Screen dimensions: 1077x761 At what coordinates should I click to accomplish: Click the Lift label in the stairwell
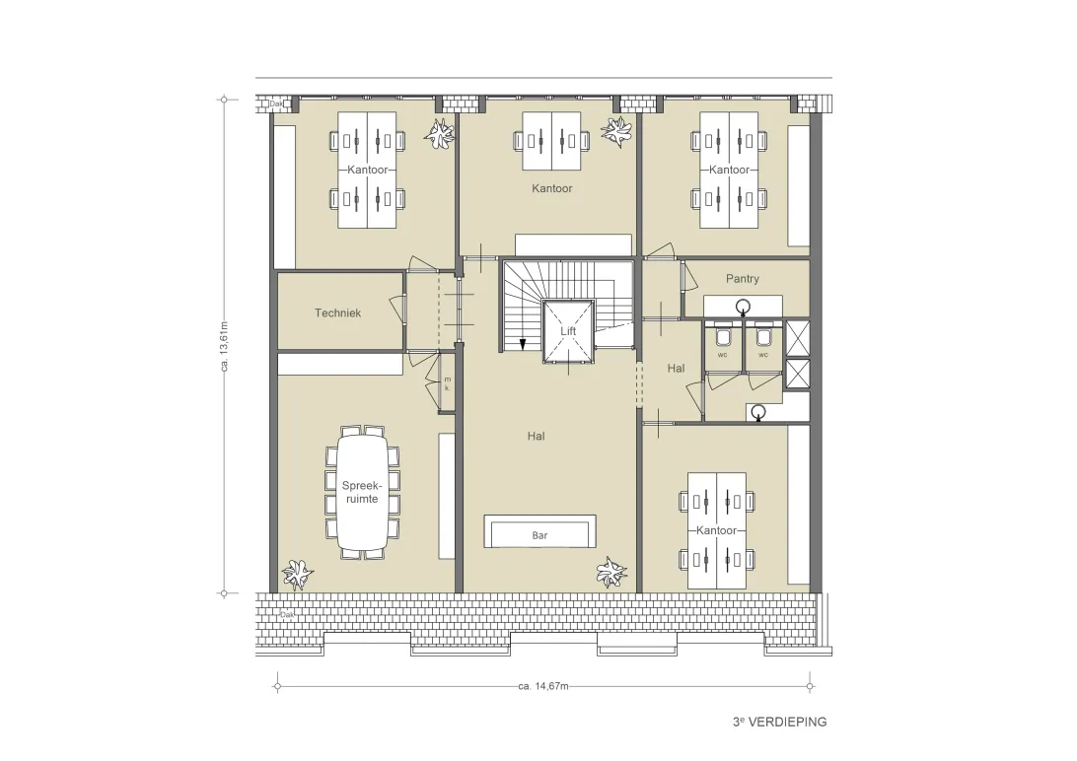pyautogui.click(x=568, y=331)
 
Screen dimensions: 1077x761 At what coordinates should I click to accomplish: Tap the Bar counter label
pyautogui.click(x=539, y=535)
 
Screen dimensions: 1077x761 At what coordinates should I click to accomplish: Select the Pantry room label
pyautogui.click(x=743, y=279)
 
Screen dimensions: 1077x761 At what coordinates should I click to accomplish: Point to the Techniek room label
pyautogui.click(x=337, y=312)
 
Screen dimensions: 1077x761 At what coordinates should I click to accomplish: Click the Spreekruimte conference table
pyautogui.click(x=362, y=491)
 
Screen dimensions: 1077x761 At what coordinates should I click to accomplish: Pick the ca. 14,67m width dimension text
pyautogui.click(x=543, y=685)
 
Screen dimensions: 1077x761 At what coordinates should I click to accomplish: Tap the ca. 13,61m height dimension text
pyautogui.click(x=224, y=347)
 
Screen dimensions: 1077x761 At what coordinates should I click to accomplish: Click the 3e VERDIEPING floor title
pyautogui.click(x=779, y=722)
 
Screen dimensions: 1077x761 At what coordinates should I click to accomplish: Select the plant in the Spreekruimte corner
pyautogui.click(x=298, y=574)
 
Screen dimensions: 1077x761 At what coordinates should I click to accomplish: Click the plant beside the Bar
pyautogui.click(x=610, y=572)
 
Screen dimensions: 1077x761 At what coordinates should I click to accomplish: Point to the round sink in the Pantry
pyautogui.click(x=743, y=306)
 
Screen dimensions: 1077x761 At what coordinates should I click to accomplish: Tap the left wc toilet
pyautogui.click(x=723, y=336)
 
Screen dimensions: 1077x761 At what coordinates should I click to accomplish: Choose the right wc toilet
pyautogui.click(x=763, y=336)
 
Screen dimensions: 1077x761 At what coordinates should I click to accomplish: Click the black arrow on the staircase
pyautogui.click(x=523, y=344)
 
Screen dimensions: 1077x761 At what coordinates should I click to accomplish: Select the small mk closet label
pyautogui.click(x=447, y=383)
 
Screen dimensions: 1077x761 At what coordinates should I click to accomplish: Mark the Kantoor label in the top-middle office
pyautogui.click(x=551, y=188)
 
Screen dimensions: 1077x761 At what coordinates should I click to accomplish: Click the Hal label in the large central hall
pyautogui.click(x=536, y=436)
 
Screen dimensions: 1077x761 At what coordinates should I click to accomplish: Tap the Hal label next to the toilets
pyautogui.click(x=676, y=369)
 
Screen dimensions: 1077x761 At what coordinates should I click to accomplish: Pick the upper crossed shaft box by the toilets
pyautogui.click(x=798, y=337)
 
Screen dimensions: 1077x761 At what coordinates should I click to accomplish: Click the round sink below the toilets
pyautogui.click(x=757, y=412)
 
